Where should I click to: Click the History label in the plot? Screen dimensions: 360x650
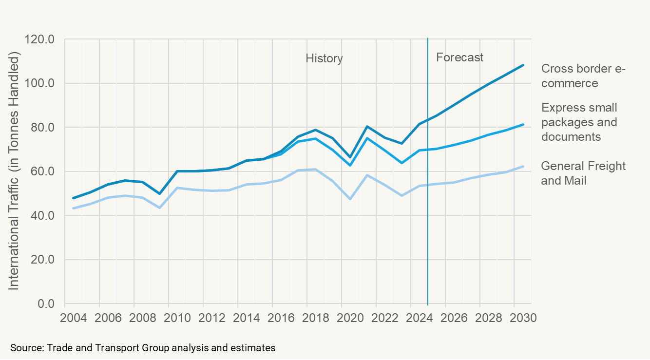pyautogui.click(x=324, y=58)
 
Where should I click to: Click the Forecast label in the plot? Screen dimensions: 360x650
pyautogui.click(x=459, y=57)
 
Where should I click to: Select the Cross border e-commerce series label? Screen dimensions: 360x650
pyautogui.click(x=583, y=76)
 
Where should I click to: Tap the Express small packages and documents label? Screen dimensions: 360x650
pyautogui.click(x=579, y=122)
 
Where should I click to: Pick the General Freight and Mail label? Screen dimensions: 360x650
pyautogui.click(x=583, y=173)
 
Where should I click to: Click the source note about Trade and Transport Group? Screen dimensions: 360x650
pyautogui.click(x=143, y=348)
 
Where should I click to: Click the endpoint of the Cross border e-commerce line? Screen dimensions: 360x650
pyautogui.click(x=523, y=65)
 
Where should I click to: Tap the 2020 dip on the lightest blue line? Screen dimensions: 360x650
pyautogui.click(x=350, y=199)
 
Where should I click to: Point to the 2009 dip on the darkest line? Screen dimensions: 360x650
pyautogui.click(x=159, y=193)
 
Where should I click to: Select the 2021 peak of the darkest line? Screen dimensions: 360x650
pyautogui.click(x=367, y=127)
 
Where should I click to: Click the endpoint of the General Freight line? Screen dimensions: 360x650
pyautogui.click(x=523, y=167)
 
